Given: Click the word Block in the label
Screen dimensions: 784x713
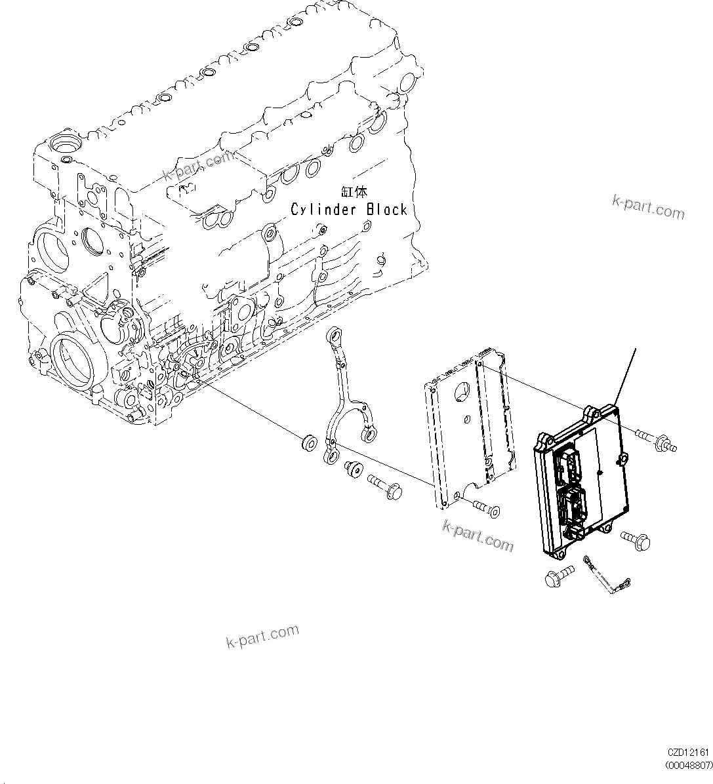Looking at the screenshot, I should point(387,209).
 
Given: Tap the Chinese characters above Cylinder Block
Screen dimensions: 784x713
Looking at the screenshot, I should point(355,192).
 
